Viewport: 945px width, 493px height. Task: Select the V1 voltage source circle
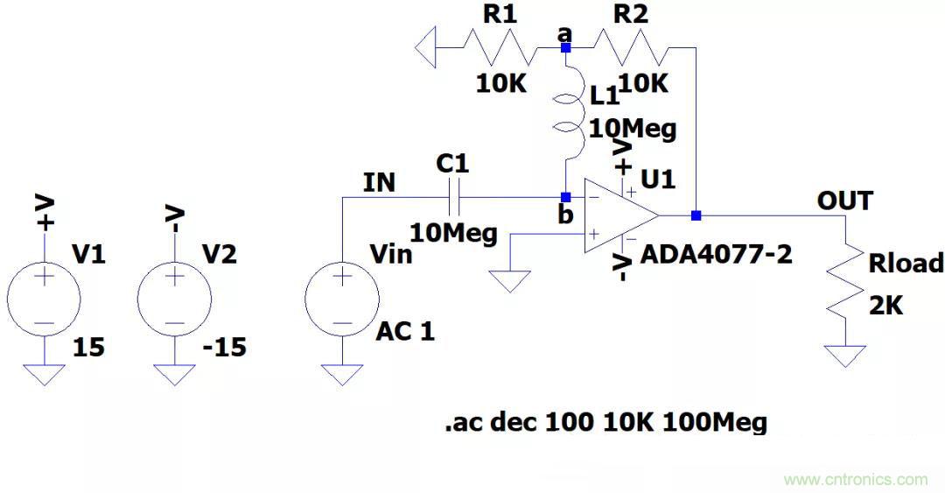pyautogui.click(x=44, y=298)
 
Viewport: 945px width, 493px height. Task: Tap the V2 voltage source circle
pyautogui.click(x=174, y=298)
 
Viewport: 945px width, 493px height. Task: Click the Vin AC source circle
pyautogui.click(x=342, y=298)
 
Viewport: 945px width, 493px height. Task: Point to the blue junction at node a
pyautogui.click(x=566, y=47)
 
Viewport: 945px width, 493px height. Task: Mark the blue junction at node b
pyautogui.click(x=566, y=197)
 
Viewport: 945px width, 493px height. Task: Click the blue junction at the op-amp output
pyautogui.click(x=696, y=215)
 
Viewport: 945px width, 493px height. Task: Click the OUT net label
pyautogui.click(x=844, y=201)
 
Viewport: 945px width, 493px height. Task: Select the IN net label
pyautogui.click(x=379, y=182)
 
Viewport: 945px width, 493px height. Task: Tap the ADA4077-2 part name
pyautogui.click(x=717, y=255)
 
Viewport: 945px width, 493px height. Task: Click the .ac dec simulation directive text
pyautogui.click(x=605, y=423)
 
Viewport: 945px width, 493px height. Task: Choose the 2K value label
pyautogui.click(x=885, y=306)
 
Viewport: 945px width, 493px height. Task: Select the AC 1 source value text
pyautogui.click(x=405, y=332)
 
